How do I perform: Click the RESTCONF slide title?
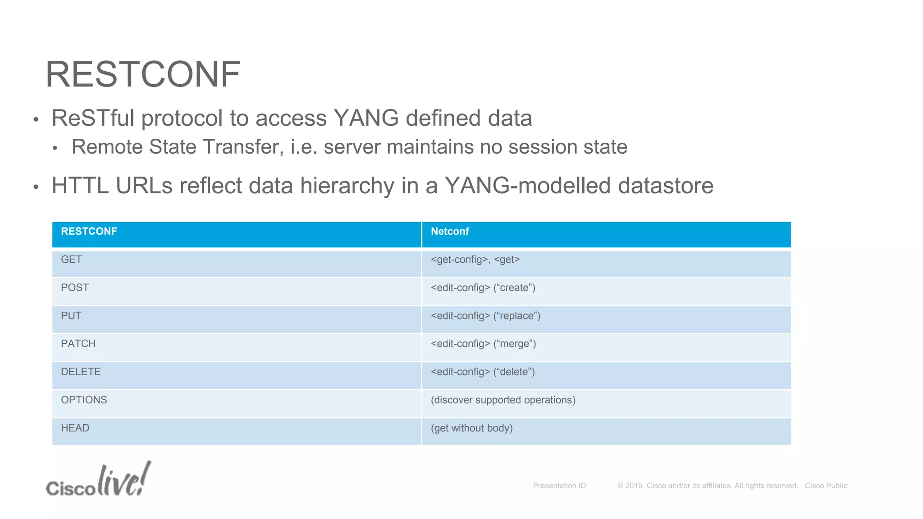[x=143, y=74]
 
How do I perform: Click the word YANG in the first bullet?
[x=366, y=118]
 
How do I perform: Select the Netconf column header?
[x=450, y=232]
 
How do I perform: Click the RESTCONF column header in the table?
[x=89, y=232]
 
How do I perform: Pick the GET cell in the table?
[x=71, y=259]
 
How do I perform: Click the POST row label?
[x=75, y=287]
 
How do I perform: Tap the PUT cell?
[x=71, y=316]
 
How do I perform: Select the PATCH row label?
[x=78, y=344]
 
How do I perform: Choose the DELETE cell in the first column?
[x=81, y=372]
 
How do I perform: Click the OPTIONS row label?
[x=84, y=400]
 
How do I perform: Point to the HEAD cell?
[x=75, y=428]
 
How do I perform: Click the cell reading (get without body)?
[x=471, y=428]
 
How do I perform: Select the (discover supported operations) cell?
[x=503, y=400]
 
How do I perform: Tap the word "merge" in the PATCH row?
[x=514, y=344]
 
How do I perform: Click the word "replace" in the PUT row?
[x=516, y=316]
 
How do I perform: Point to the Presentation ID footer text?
[x=559, y=486]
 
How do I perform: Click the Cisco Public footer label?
[x=826, y=486]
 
